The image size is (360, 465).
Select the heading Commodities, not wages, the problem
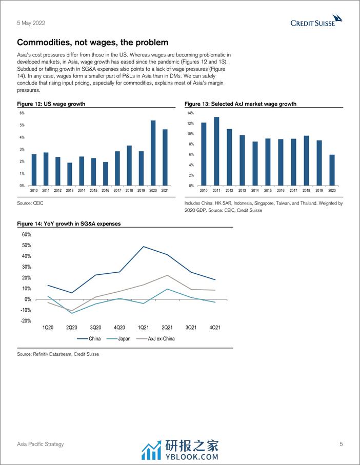coord(92,43)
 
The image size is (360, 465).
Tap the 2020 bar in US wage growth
coord(153,153)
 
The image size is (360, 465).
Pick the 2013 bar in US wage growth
coord(70,174)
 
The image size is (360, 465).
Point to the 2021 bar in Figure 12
coord(165,157)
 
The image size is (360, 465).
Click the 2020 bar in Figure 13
coord(332,170)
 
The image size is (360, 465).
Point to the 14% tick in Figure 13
coord(190,113)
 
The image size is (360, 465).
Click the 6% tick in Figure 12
coord(22,113)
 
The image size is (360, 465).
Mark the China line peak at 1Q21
coord(143,247)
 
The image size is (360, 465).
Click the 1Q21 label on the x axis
coord(143,327)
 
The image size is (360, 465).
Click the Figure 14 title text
coord(69,224)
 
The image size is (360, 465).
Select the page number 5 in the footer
coord(341,444)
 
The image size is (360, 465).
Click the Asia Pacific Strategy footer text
coord(41,444)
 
